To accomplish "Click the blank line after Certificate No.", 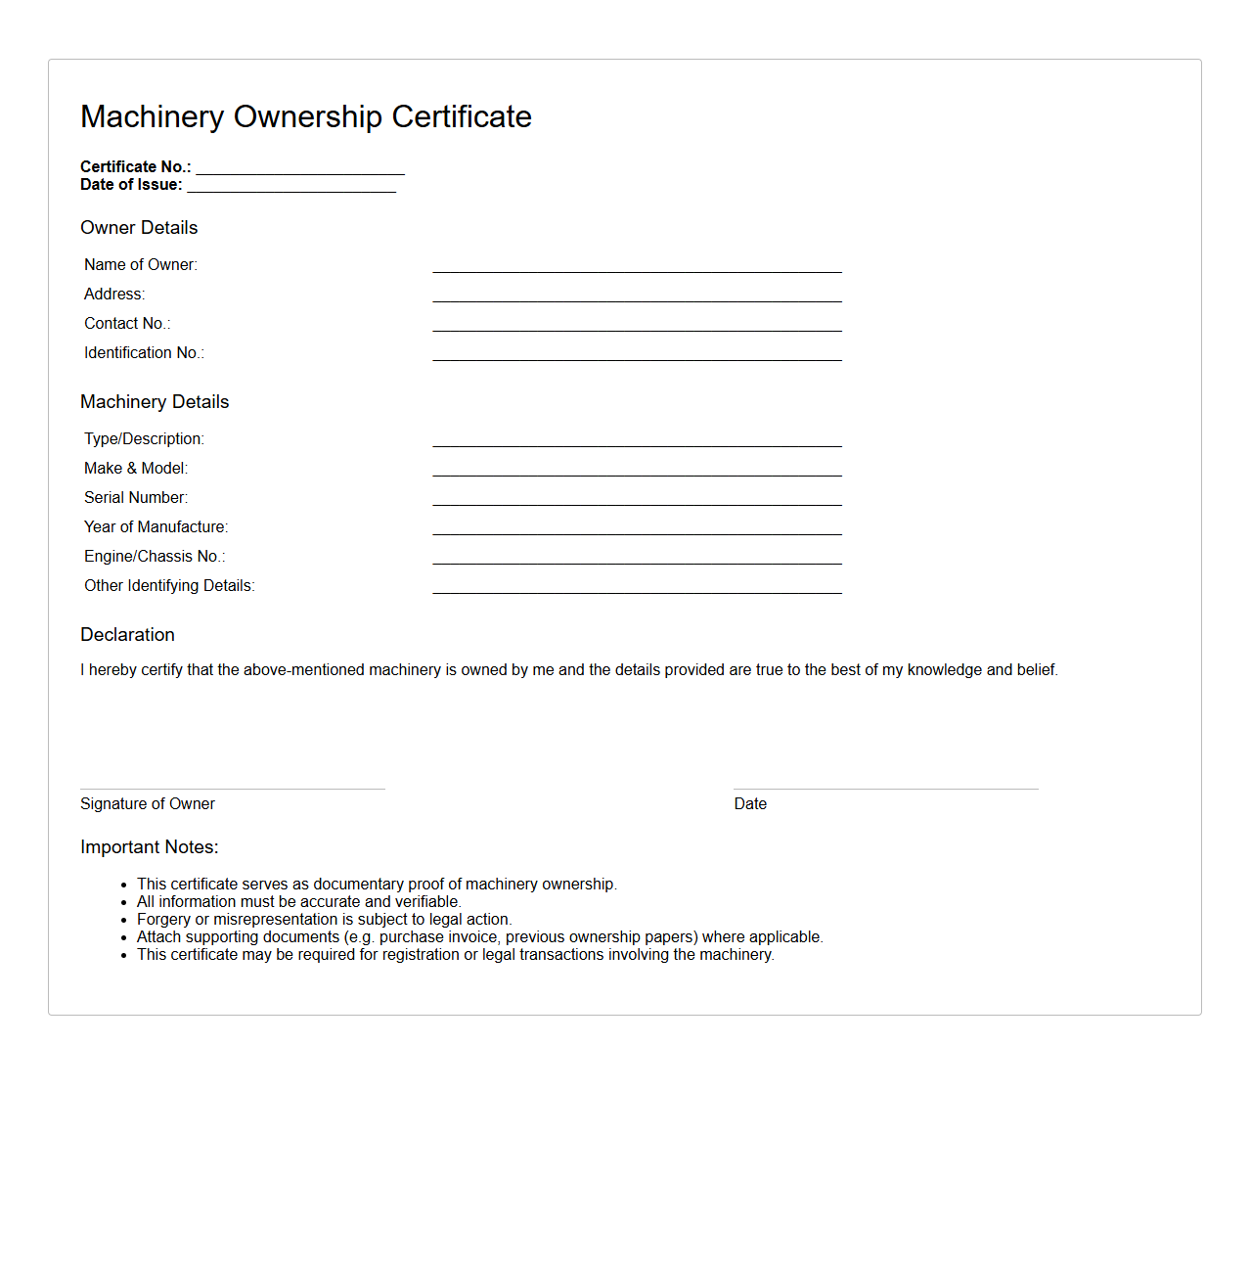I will click(299, 167).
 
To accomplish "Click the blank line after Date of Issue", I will click(291, 185).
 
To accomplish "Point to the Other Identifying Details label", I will click(169, 585).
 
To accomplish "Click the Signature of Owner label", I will click(148, 803).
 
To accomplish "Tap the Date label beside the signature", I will click(750, 803).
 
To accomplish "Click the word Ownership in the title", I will click(307, 116).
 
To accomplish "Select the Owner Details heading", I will click(139, 227).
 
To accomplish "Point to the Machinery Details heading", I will click(155, 401).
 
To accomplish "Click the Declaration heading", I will click(127, 634).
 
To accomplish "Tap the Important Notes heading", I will click(150, 846).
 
